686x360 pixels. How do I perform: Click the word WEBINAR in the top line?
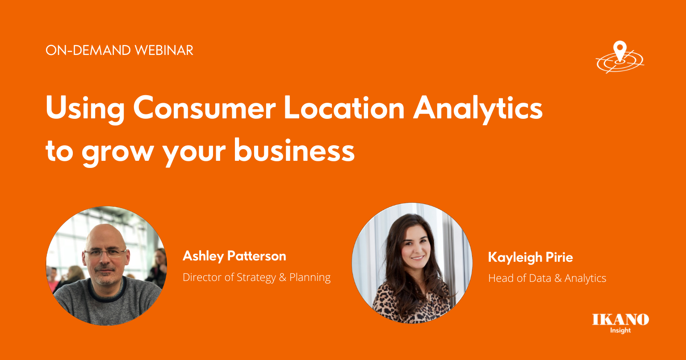point(164,50)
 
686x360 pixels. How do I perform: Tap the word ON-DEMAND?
point(88,50)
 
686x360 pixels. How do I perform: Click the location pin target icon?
point(620,57)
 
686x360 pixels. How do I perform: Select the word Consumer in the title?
point(204,108)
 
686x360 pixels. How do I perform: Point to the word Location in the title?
point(344,108)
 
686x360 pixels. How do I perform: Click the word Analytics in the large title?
point(478,110)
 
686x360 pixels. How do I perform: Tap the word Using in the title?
point(85,110)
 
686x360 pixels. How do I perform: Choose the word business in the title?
point(294,150)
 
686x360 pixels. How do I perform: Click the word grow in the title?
point(117,153)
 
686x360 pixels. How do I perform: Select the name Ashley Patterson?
point(234,256)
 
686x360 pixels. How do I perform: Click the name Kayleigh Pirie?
point(531,257)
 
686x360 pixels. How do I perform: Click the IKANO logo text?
point(620,319)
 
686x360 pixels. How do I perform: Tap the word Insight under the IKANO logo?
point(620,331)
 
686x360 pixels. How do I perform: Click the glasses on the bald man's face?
point(105,253)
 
